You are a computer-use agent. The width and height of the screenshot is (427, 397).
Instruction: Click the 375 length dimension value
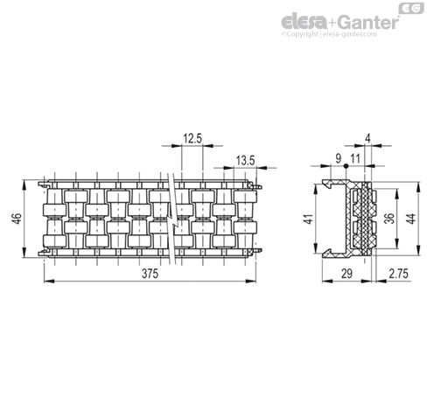(x=150, y=274)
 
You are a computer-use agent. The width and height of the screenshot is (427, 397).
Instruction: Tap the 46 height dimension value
(x=17, y=219)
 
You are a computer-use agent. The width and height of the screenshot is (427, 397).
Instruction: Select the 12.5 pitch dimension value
(x=192, y=138)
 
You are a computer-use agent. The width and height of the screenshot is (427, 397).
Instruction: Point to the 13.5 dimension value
(x=245, y=160)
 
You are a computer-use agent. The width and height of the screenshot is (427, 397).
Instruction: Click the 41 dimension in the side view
(x=309, y=219)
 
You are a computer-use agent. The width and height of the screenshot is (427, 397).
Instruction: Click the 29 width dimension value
(x=346, y=274)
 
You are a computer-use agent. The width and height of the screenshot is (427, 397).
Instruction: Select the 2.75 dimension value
(x=398, y=274)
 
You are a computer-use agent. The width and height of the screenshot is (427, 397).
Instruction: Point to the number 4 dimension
(x=367, y=138)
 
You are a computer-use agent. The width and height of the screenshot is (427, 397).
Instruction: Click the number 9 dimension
(x=339, y=159)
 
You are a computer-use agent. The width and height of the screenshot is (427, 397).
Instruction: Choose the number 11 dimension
(x=355, y=159)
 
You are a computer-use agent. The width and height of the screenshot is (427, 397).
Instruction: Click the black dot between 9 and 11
(x=346, y=166)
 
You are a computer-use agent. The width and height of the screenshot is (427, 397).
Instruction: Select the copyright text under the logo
(x=329, y=34)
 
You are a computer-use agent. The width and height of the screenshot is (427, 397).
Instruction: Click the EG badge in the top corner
(x=411, y=9)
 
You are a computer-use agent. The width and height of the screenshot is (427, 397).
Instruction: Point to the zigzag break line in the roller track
(x=172, y=219)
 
